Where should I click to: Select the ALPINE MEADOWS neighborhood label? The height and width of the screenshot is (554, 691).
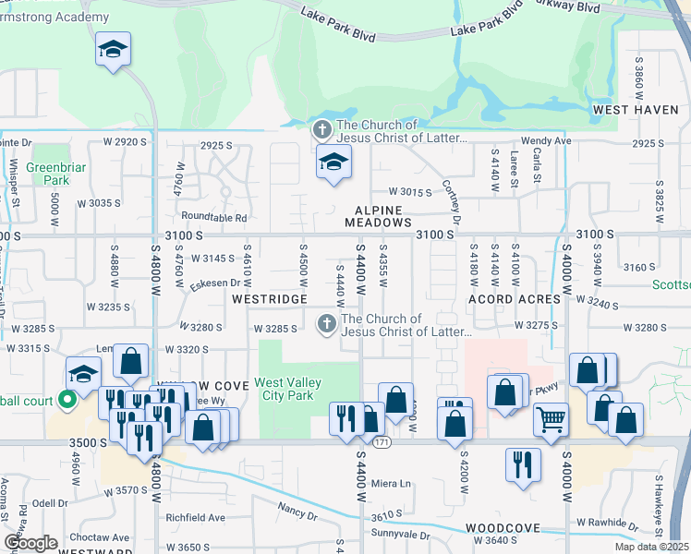pos(378,216)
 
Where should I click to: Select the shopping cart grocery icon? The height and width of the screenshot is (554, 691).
pos(551,420)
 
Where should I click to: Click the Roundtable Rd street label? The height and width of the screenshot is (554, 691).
pos(214,218)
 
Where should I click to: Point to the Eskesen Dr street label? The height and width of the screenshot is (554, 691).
pos(215,284)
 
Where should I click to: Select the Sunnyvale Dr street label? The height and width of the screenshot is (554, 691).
pos(400,535)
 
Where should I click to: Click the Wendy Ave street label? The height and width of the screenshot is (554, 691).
pos(546,141)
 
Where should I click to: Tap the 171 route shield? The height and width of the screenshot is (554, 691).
pos(381,443)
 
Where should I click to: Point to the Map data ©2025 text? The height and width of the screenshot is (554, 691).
pos(652,547)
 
